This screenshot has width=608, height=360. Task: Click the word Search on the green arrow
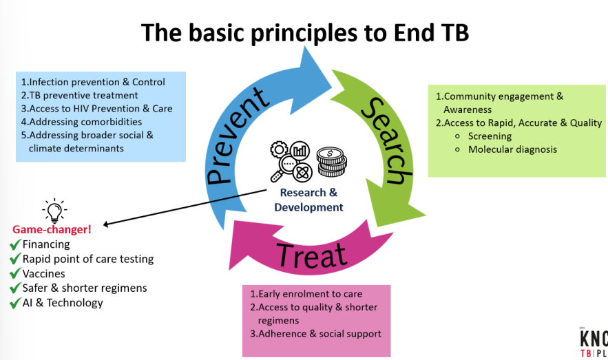(x=384, y=141)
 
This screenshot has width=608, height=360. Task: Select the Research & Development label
(x=308, y=200)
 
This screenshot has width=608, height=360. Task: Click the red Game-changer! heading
(x=52, y=229)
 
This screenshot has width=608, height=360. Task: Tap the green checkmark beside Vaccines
(x=14, y=274)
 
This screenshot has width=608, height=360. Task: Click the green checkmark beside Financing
(x=14, y=244)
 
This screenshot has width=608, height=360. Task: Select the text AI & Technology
(x=63, y=303)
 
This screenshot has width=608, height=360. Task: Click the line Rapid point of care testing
(x=88, y=259)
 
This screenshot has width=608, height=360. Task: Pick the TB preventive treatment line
(x=79, y=96)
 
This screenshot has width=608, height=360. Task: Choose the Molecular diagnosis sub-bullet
(x=512, y=149)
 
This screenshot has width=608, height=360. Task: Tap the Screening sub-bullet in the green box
(x=490, y=136)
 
